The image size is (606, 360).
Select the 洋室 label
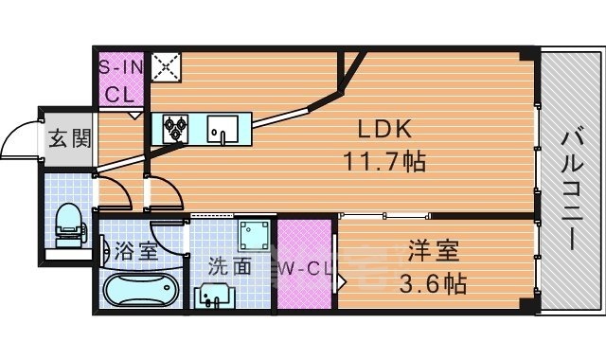(x=433, y=252)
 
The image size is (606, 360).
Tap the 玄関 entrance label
(x=69, y=139)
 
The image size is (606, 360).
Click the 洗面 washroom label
(x=230, y=267)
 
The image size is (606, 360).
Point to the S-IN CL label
(x=120, y=81)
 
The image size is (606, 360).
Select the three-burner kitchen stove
(x=177, y=127)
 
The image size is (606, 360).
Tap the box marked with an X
(x=168, y=65)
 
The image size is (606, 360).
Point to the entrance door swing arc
(x=17, y=142)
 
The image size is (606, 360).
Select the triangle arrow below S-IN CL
(x=135, y=114)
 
